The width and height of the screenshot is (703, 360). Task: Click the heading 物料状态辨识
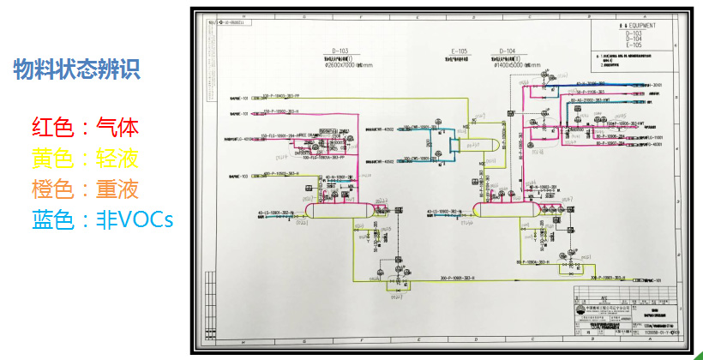76,69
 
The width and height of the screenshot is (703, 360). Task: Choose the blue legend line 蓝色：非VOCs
102,219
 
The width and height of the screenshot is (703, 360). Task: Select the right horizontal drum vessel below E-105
505,209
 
